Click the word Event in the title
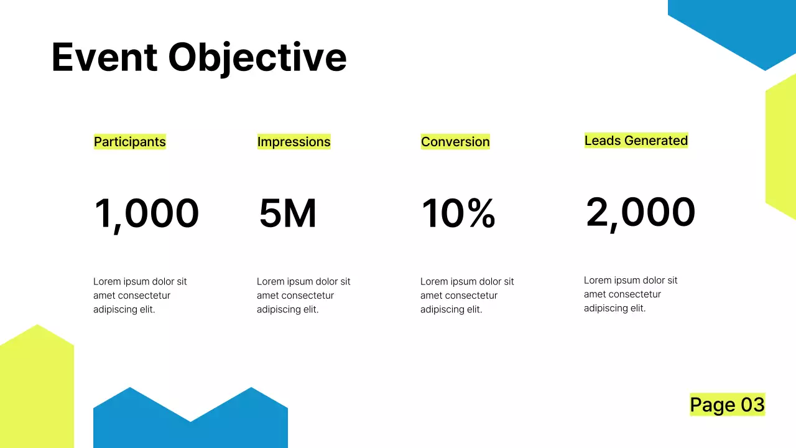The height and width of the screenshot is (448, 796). pos(104,57)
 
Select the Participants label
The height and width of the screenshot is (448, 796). pos(130,142)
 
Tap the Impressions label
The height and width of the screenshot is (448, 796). pos(294,142)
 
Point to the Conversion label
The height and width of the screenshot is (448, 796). pos(455,142)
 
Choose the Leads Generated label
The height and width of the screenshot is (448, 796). pos(636,141)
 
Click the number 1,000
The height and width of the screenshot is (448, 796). pos(147,213)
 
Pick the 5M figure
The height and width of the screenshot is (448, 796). pos(287,213)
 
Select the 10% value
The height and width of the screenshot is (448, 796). pos(458,213)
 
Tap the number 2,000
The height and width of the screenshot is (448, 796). pos(641,212)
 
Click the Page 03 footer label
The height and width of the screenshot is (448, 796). pos(727,404)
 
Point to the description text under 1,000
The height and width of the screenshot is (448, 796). pos(140,296)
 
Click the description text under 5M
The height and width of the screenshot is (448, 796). pos(303,296)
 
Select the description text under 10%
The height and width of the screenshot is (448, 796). pos(467,296)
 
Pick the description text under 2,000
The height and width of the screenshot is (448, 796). pos(631,294)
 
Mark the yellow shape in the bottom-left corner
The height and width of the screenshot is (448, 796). pos(36,392)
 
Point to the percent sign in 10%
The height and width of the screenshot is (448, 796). pos(481,213)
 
